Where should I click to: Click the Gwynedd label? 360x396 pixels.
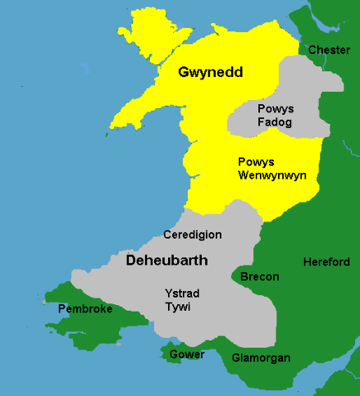pos(210,73)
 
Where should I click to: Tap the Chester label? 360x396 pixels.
pos(329,50)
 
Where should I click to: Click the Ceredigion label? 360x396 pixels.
pos(192,235)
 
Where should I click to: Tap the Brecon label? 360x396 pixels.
pos(259,276)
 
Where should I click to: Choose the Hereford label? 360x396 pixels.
pos(326,262)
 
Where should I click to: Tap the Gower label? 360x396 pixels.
pos(187,356)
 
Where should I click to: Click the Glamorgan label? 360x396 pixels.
pos(260,358)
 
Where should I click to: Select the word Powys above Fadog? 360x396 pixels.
pos(276,109)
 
